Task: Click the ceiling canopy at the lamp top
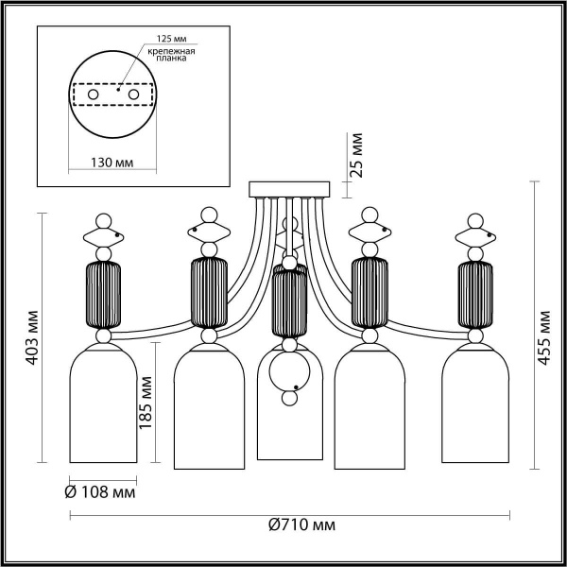pos(288,189)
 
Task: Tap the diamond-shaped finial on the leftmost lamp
pos(104,232)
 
